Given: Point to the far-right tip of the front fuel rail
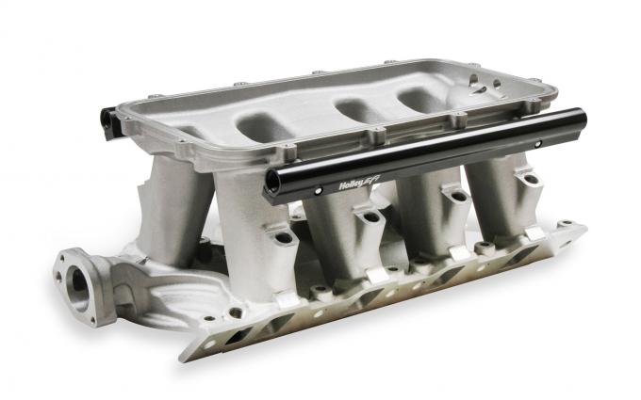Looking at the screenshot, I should coord(583,119).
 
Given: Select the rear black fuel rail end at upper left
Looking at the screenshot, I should coord(107,121).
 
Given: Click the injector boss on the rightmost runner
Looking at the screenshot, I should coord(531,180).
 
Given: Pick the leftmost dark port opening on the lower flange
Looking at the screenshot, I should coord(233,335).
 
